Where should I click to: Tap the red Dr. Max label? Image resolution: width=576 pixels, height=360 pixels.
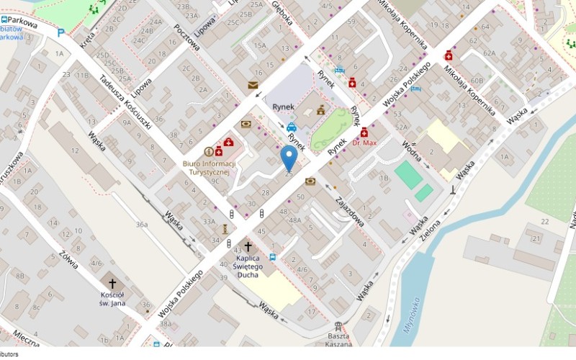(365, 143)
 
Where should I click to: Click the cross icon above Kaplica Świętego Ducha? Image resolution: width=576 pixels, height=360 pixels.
(248, 247)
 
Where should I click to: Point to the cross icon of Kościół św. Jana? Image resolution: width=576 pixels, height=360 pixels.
(112, 284)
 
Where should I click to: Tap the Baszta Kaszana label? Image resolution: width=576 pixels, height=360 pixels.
(338, 341)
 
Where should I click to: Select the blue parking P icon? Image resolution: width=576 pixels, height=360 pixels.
(60, 32)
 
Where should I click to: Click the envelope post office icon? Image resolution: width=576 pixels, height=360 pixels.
(253, 85)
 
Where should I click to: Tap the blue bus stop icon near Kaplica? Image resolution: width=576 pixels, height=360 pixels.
(273, 256)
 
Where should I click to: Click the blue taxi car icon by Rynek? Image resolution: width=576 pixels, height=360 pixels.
(292, 127)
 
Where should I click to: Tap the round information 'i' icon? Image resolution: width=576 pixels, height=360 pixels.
(209, 151)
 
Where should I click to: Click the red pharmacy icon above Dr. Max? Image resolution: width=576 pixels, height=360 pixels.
(364, 132)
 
